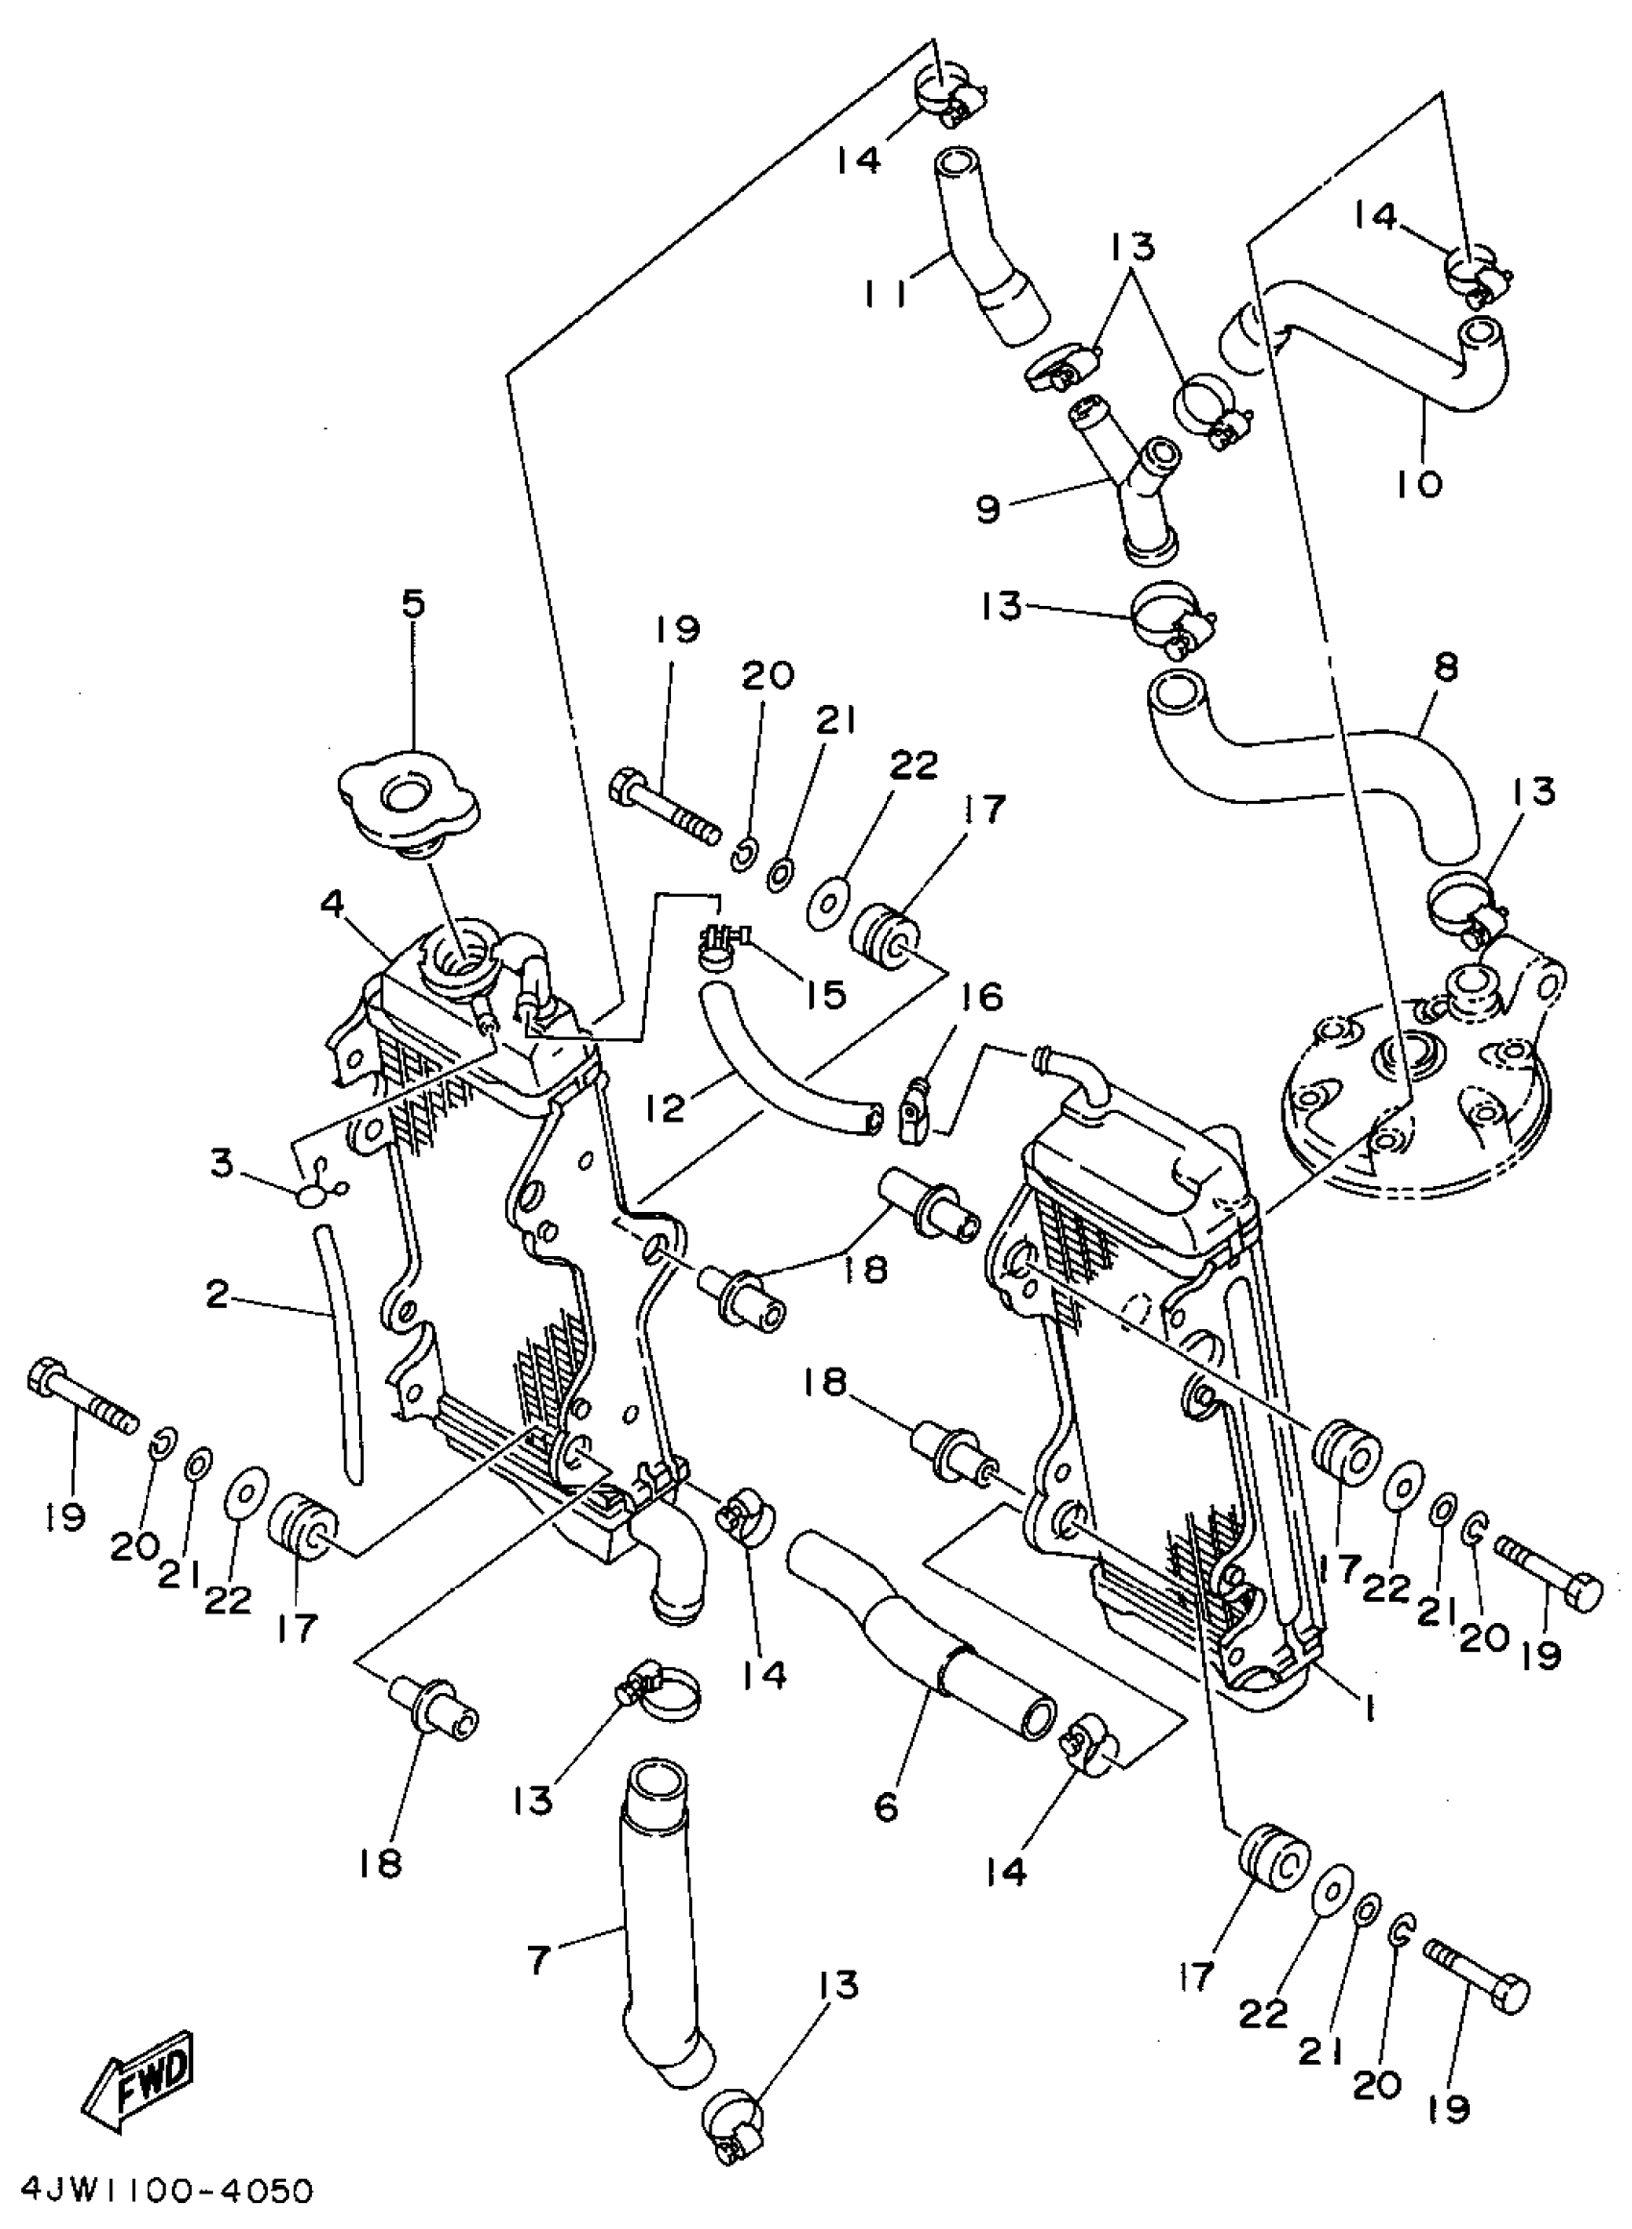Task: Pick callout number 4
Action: (334, 903)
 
